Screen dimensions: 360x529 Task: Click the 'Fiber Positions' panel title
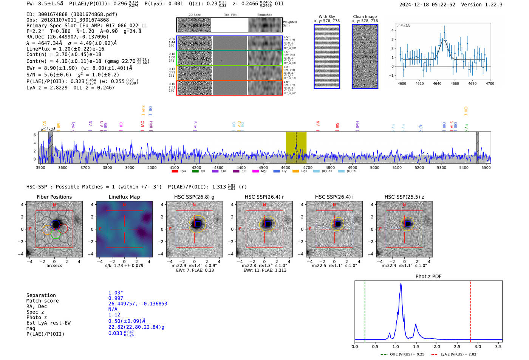point(54,197)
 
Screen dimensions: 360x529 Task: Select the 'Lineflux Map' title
point(124,197)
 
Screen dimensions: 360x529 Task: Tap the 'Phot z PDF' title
point(428,277)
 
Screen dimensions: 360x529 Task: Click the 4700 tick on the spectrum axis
point(308,168)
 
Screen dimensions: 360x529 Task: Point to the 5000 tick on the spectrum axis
point(374,168)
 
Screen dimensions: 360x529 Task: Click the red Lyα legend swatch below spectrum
point(175,171)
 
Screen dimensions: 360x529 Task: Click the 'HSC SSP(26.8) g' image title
point(194,197)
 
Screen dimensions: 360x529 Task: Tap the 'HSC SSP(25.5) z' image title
point(404,197)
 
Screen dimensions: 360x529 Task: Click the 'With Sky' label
point(326,17)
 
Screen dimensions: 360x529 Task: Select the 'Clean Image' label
point(365,17)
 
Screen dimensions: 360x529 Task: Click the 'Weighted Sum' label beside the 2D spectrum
point(289,23)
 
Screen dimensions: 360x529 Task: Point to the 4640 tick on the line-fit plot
point(437,83)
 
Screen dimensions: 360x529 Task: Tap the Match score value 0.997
point(116,298)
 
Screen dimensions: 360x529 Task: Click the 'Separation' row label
point(41,295)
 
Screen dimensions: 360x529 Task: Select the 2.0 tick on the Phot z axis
point(437,346)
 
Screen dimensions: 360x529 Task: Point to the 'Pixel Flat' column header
point(230,15)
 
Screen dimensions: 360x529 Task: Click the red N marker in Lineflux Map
point(124,205)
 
